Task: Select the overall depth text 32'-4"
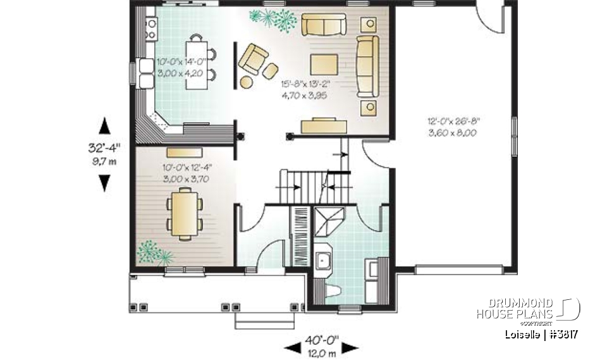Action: [x=104, y=147]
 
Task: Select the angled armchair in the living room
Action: [x=255, y=58]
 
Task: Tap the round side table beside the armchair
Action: [x=247, y=81]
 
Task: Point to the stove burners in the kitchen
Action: [x=152, y=27]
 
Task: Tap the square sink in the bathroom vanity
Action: [x=324, y=260]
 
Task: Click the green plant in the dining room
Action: [x=154, y=251]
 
